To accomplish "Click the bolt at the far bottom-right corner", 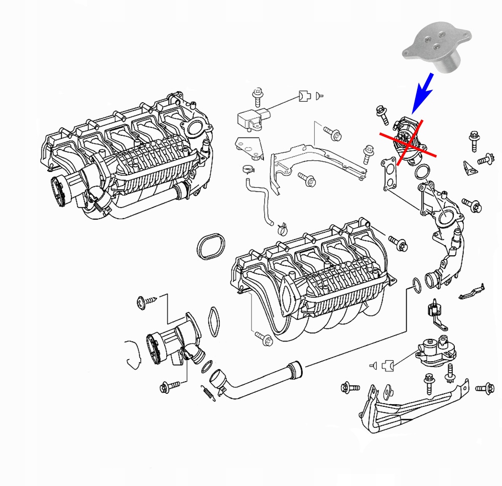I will click(485, 387).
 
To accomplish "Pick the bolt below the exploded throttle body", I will click(168, 387).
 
